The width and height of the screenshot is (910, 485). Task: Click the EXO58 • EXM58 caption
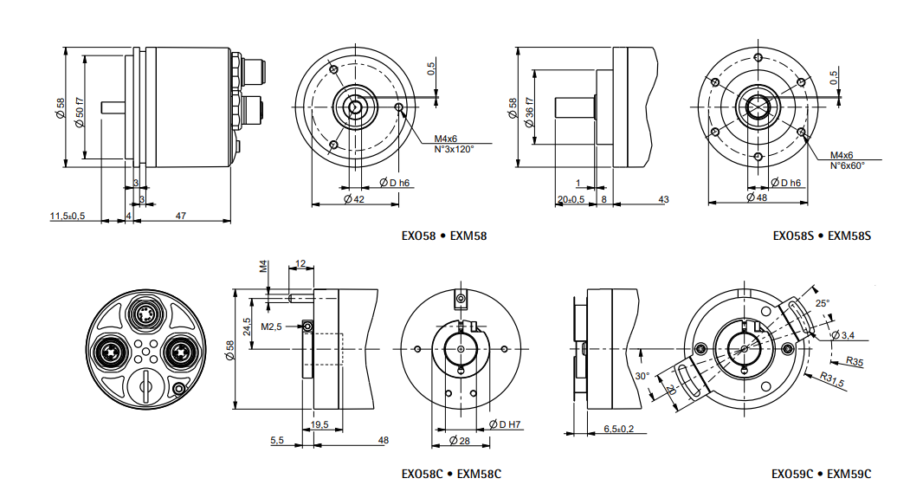coord(444,236)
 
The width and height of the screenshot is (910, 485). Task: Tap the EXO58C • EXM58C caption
coord(451,474)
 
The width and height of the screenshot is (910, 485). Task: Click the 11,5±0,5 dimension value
coord(67,216)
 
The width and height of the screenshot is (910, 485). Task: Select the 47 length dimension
coord(182,216)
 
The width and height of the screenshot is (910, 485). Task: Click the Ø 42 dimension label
coord(353,200)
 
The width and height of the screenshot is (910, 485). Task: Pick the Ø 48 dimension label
coord(756,197)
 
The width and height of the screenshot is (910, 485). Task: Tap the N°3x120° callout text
coord(454,149)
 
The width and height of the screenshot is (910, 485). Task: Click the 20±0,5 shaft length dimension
coord(571,200)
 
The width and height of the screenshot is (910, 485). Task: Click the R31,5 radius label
coord(832,382)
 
